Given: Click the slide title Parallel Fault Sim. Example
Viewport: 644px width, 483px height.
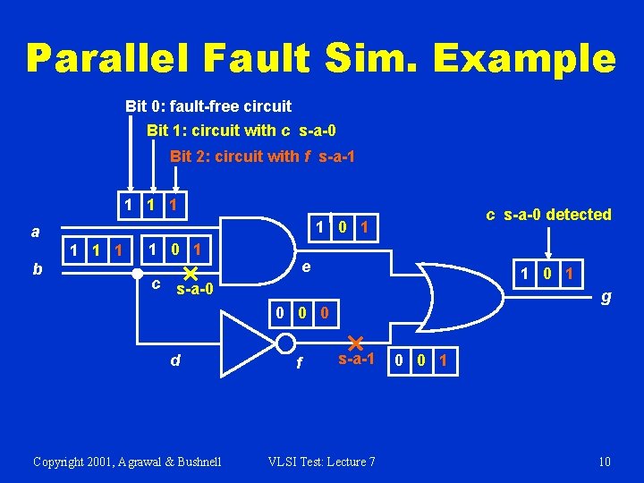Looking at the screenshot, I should tap(321, 59).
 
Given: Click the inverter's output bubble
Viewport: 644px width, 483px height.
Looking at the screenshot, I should tap(285, 344).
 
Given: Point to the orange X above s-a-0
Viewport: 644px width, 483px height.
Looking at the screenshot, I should tap(190, 273).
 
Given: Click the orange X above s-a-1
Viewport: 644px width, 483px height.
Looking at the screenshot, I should tap(354, 343).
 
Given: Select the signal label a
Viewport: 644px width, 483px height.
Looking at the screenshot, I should tap(35, 232).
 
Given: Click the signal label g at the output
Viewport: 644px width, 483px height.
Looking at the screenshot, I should tap(606, 296).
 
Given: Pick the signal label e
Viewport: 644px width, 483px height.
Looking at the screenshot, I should tap(306, 267).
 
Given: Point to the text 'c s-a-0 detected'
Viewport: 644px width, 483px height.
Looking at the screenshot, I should tap(548, 215).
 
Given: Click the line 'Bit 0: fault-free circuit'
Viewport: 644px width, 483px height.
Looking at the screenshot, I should tap(208, 106).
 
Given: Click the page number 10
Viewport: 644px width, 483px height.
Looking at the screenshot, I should tap(605, 462).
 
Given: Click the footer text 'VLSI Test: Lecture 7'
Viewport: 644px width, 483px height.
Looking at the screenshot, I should tap(322, 462).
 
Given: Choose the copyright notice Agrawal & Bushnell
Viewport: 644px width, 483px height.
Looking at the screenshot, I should tap(127, 462).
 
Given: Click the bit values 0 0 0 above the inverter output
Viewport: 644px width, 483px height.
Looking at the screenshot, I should tap(303, 314).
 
